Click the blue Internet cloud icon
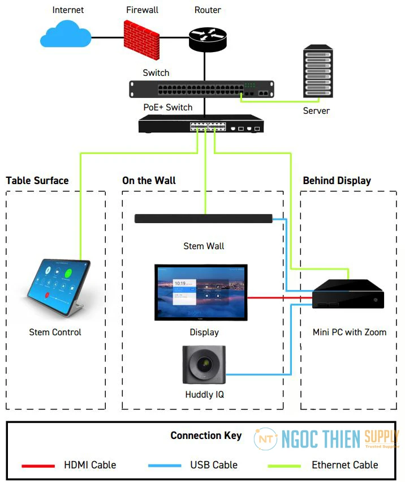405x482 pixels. pos(66,35)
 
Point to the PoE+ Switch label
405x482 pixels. pos(168,108)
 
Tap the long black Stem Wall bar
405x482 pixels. pos(204,219)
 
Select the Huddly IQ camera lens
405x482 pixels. pos(204,365)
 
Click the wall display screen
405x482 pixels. pos(201,292)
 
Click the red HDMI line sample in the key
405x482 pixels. pos(38,466)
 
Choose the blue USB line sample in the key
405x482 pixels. pos(165,466)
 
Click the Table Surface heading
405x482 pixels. pos(37,181)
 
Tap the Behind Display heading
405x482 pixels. pos(337,181)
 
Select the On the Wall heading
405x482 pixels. pos(149,181)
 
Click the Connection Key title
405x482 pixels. pos(206,436)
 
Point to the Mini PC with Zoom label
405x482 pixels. pos(349,332)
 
